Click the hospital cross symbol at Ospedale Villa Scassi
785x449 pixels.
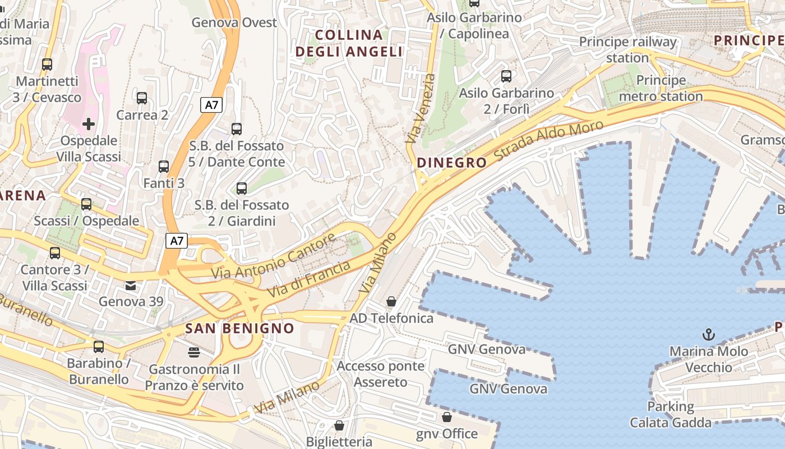[89, 123]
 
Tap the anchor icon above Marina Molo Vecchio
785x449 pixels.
[709, 335]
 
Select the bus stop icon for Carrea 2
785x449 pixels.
[142, 98]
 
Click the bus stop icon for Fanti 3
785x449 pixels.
[164, 167]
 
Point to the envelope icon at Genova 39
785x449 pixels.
[131, 286]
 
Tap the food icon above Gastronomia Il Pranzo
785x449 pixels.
[194, 352]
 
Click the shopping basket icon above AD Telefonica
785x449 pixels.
[391, 302]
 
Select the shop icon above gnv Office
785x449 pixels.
[446, 417]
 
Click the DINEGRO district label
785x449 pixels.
[452, 163]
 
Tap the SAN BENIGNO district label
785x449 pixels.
[239, 328]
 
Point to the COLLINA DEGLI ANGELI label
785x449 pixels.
[349, 43]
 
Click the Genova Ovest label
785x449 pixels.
[234, 22]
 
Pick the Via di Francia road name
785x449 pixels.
[309, 279]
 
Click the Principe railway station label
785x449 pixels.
[627, 49]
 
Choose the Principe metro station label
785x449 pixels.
[661, 88]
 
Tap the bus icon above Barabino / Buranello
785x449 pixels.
[99, 347]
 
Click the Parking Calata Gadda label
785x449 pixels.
[671, 414]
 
